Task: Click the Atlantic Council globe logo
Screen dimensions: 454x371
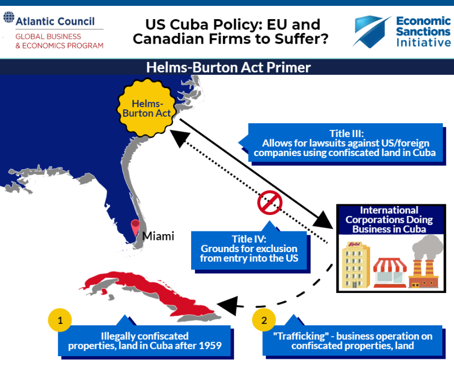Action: click(8, 17)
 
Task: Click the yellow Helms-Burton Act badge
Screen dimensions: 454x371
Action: click(147, 108)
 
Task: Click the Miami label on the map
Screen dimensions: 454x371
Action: click(158, 236)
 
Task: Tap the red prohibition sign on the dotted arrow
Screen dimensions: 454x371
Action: click(270, 202)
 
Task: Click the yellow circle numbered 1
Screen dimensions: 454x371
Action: click(60, 320)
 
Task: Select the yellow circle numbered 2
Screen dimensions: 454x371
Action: click(264, 320)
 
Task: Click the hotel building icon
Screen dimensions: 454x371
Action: click(356, 264)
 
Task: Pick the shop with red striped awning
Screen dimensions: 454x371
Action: click(390, 273)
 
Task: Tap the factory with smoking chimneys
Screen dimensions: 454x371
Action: click(425, 262)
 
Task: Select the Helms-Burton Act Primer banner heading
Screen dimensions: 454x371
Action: click(228, 67)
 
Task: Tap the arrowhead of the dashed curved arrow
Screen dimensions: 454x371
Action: click(228, 306)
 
